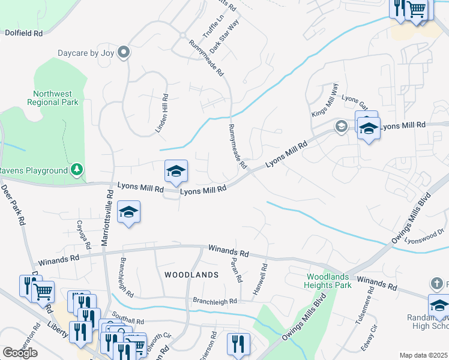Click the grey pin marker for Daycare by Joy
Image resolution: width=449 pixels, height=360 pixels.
click(x=124, y=53)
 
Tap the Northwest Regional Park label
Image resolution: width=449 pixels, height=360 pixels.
click(x=53, y=98)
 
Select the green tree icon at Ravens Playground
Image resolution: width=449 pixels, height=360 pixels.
click(x=76, y=170)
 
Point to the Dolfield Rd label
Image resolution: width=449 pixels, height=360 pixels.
click(x=24, y=34)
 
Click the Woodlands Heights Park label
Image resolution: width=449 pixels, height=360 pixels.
click(x=328, y=281)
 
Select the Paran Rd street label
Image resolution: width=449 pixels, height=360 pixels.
click(x=235, y=268)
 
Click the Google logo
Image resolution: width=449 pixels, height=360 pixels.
click(x=20, y=353)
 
